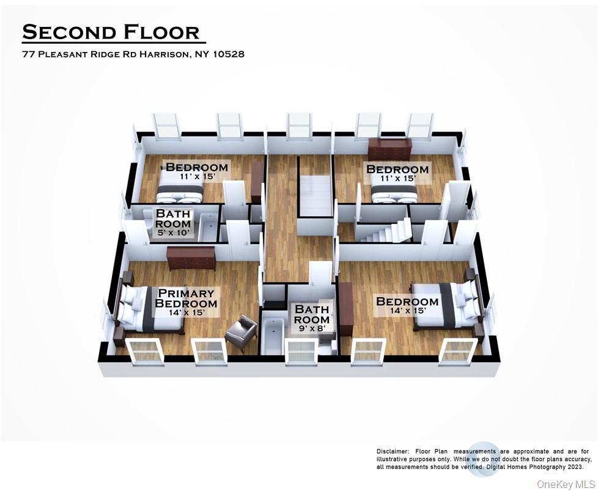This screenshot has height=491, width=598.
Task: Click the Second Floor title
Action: (x=111, y=32)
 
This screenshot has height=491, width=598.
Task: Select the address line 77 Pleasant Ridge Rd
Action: (x=133, y=54)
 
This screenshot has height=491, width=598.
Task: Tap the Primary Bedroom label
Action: (x=186, y=298)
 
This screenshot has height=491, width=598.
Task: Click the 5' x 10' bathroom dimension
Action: (x=173, y=232)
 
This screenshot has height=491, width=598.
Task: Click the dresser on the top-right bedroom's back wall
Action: (x=389, y=149)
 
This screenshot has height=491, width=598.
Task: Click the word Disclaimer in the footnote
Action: (x=392, y=451)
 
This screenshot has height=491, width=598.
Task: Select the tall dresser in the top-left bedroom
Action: (x=257, y=182)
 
